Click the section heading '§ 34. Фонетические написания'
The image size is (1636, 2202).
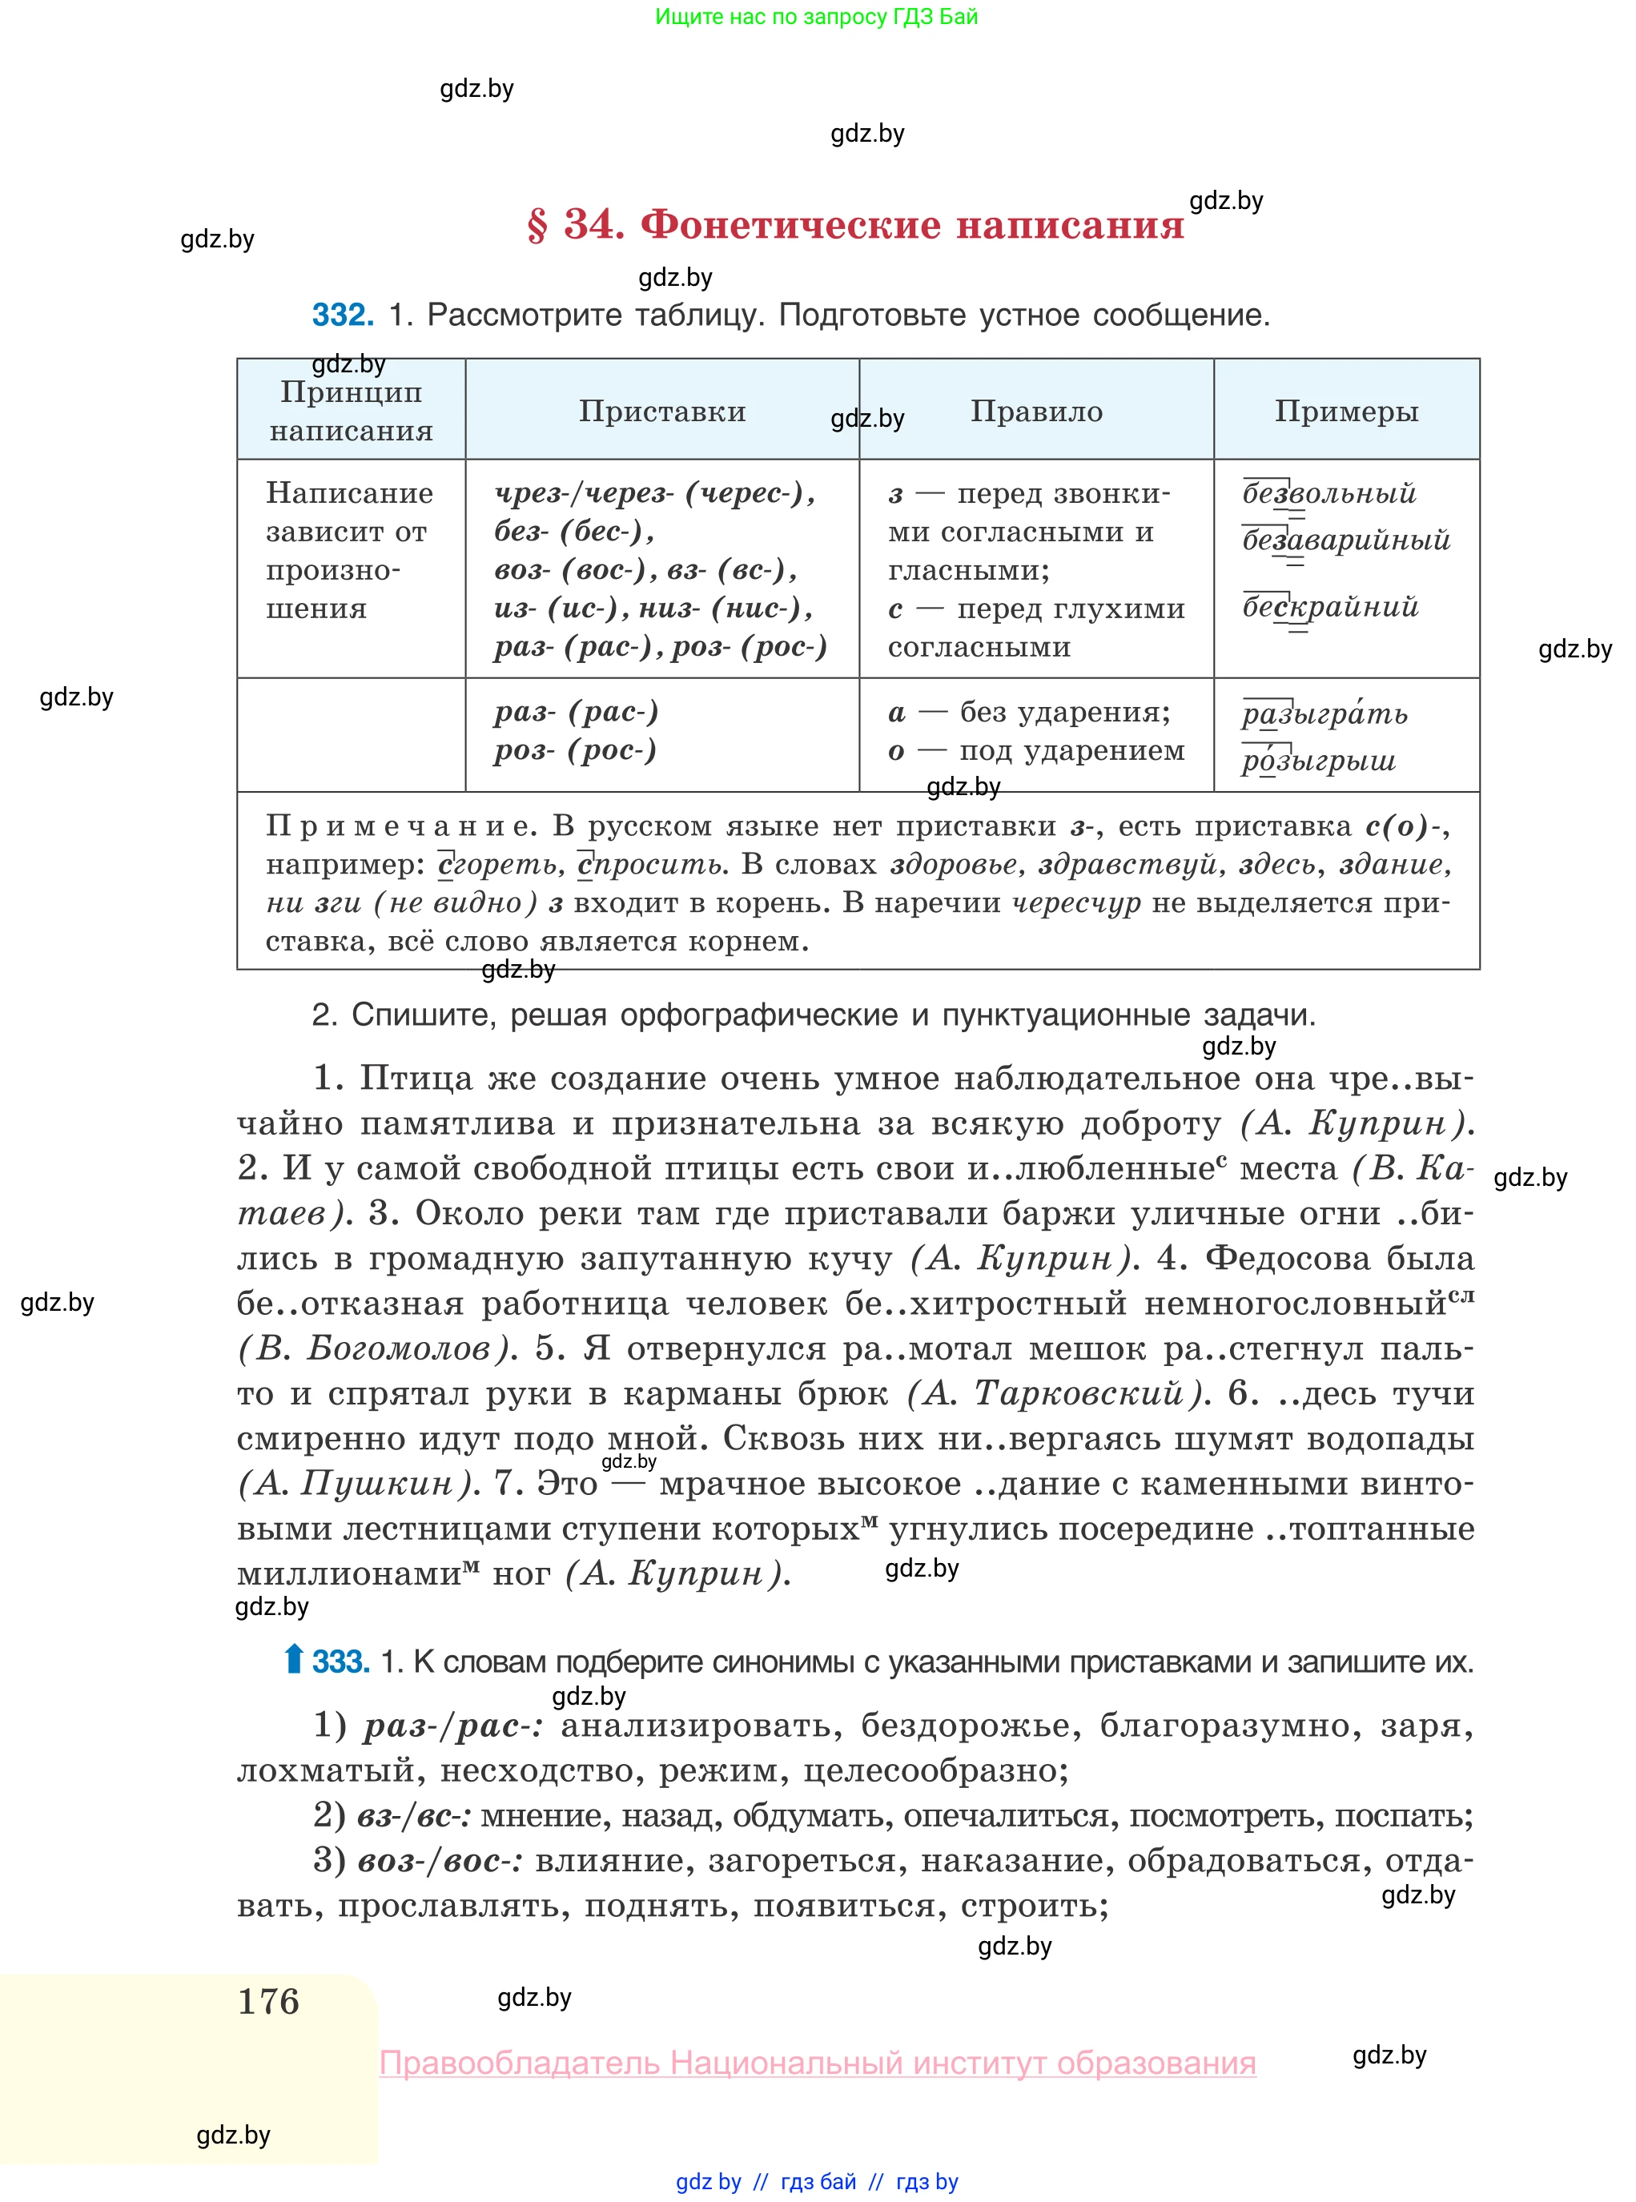[x=855, y=226]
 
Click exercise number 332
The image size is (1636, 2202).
[x=343, y=315]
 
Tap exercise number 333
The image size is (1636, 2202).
[x=340, y=1662]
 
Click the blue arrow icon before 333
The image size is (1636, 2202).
[x=293, y=1659]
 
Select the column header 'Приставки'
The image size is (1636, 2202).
[x=661, y=411]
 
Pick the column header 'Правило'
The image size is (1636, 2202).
[x=1036, y=411]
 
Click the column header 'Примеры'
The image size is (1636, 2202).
[x=1346, y=411]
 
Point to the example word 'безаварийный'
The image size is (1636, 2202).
[x=1346, y=540]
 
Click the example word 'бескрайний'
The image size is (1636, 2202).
[x=1330, y=607]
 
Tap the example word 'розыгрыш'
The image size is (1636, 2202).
[x=1318, y=761]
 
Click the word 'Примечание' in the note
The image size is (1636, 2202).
[x=401, y=826]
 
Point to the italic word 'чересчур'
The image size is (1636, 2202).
[x=1075, y=903]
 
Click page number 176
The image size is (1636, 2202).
[x=268, y=2001]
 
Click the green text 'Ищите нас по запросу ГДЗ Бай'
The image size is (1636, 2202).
[x=816, y=17]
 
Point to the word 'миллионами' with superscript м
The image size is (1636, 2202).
[x=348, y=1574]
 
